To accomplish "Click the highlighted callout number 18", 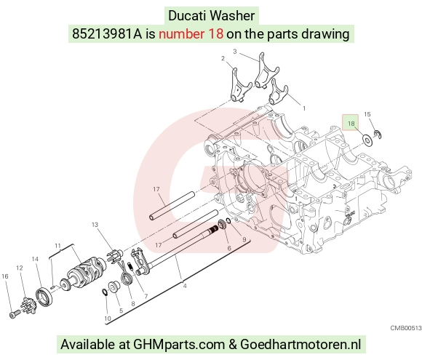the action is point(351,124).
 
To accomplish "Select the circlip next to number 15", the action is point(378,135).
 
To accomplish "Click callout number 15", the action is point(367,114).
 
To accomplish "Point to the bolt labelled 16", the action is point(14,314).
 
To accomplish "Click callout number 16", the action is point(5,276).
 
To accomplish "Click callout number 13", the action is point(95,225).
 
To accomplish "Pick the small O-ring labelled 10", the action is point(105,292).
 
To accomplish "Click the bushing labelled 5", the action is point(114,286).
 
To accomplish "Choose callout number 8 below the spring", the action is point(133,304).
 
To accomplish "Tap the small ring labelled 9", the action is point(228,220).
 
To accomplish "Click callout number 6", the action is point(229,248).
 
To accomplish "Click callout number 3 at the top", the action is point(235,52).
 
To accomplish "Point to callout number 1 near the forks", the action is point(304,108).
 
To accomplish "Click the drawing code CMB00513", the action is point(406,328).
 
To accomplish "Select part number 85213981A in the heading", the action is point(107,34).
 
